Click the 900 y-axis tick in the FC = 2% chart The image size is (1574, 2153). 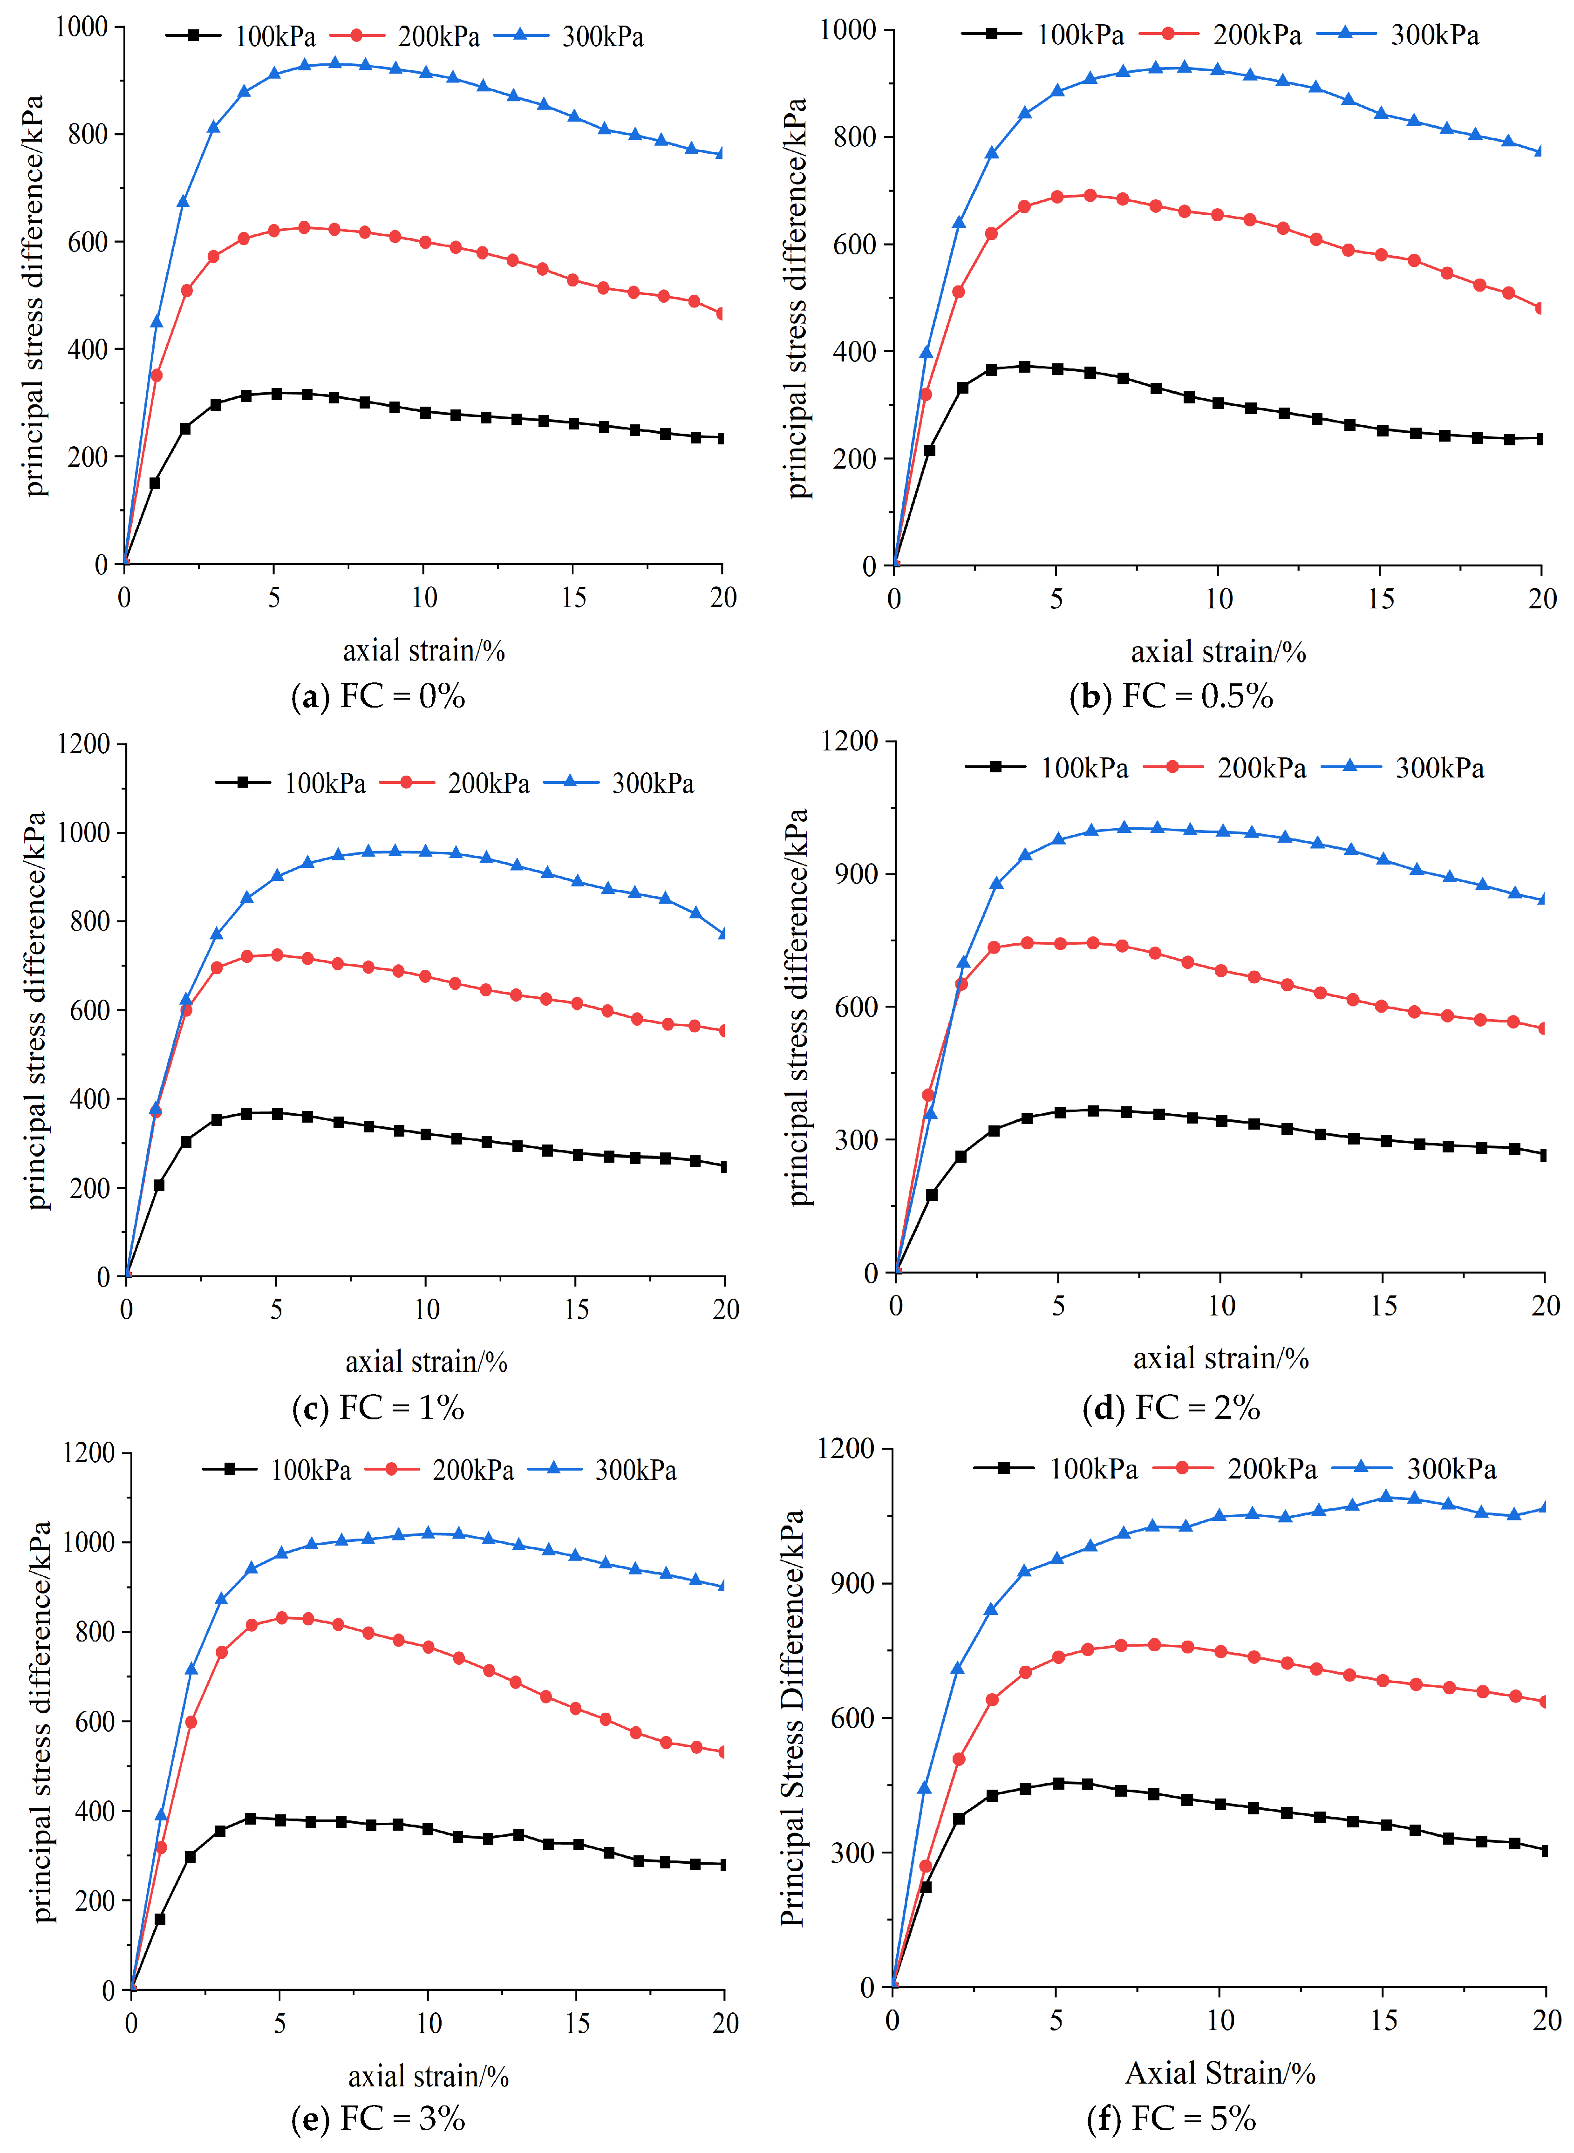(856, 873)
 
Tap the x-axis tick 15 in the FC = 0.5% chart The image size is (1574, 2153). (1381, 598)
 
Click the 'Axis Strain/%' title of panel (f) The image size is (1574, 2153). (1220, 2073)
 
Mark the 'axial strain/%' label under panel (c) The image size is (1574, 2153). (426, 1361)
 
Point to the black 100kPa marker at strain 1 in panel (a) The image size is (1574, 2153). (154, 483)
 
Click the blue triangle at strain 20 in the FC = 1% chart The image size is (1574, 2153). (724, 933)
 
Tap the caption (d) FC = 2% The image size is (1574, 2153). (1171, 1407)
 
